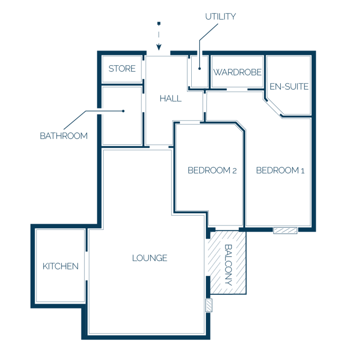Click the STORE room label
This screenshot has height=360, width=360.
pyautogui.click(x=122, y=68)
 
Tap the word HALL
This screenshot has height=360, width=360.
pyautogui.click(x=171, y=98)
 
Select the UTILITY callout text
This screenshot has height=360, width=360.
pyautogui.click(x=220, y=16)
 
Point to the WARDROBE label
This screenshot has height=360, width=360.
pyautogui.click(x=237, y=72)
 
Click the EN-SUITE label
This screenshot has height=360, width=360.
pyautogui.click(x=289, y=87)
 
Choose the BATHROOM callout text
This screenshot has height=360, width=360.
pyautogui.click(x=64, y=136)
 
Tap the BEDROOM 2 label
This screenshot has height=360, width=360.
pyautogui.click(x=212, y=170)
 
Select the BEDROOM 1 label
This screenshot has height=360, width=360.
pyautogui.click(x=280, y=170)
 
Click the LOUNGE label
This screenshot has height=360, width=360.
pyautogui.click(x=150, y=258)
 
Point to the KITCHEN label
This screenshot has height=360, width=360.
pyautogui.click(x=60, y=266)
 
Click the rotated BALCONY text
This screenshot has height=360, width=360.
pyautogui.click(x=228, y=265)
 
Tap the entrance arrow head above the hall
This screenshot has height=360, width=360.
pyautogui.click(x=158, y=47)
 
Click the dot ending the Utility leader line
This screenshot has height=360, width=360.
pyautogui.click(x=200, y=68)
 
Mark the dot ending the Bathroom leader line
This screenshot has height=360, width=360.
pyautogui.click(x=123, y=111)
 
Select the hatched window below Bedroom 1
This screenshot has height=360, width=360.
pyautogui.click(x=285, y=231)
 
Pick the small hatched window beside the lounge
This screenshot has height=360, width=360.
pyautogui.click(x=209, y=305)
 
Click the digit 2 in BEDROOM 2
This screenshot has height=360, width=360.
pyautogui.click(x=234, y=171)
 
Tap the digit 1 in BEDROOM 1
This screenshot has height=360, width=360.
pyautogui.click(x=303, y=171)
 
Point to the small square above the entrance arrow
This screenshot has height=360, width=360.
pyautogui.click(x=158, y=23)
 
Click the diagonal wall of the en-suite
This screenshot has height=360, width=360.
pyautogui.click(x=274, y=107)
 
